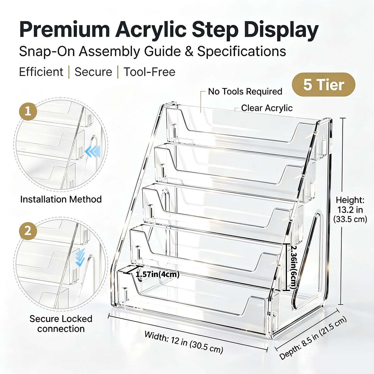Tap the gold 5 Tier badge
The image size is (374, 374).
(x=323, y=85)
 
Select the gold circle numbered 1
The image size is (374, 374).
(x=28, y=112)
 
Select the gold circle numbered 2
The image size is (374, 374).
(x=28, y=231)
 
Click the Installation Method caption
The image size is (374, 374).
(x=61, y=199)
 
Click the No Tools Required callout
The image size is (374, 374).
(x=245, y=91)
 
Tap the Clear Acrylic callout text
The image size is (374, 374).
(x=267, y=108)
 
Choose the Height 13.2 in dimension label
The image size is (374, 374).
(x=350, y=210)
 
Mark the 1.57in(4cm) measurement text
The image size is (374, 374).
(x=157, y=274)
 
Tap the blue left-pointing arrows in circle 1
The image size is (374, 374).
(x=93, y=151)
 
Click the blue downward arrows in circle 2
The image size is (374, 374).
(x=80, y=257)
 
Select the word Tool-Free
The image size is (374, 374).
(x=149, y=72)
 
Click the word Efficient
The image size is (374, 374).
(x=41, y=72)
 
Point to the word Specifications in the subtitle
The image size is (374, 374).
(x=242, y=52)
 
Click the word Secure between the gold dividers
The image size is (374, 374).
(x=93, y=72)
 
